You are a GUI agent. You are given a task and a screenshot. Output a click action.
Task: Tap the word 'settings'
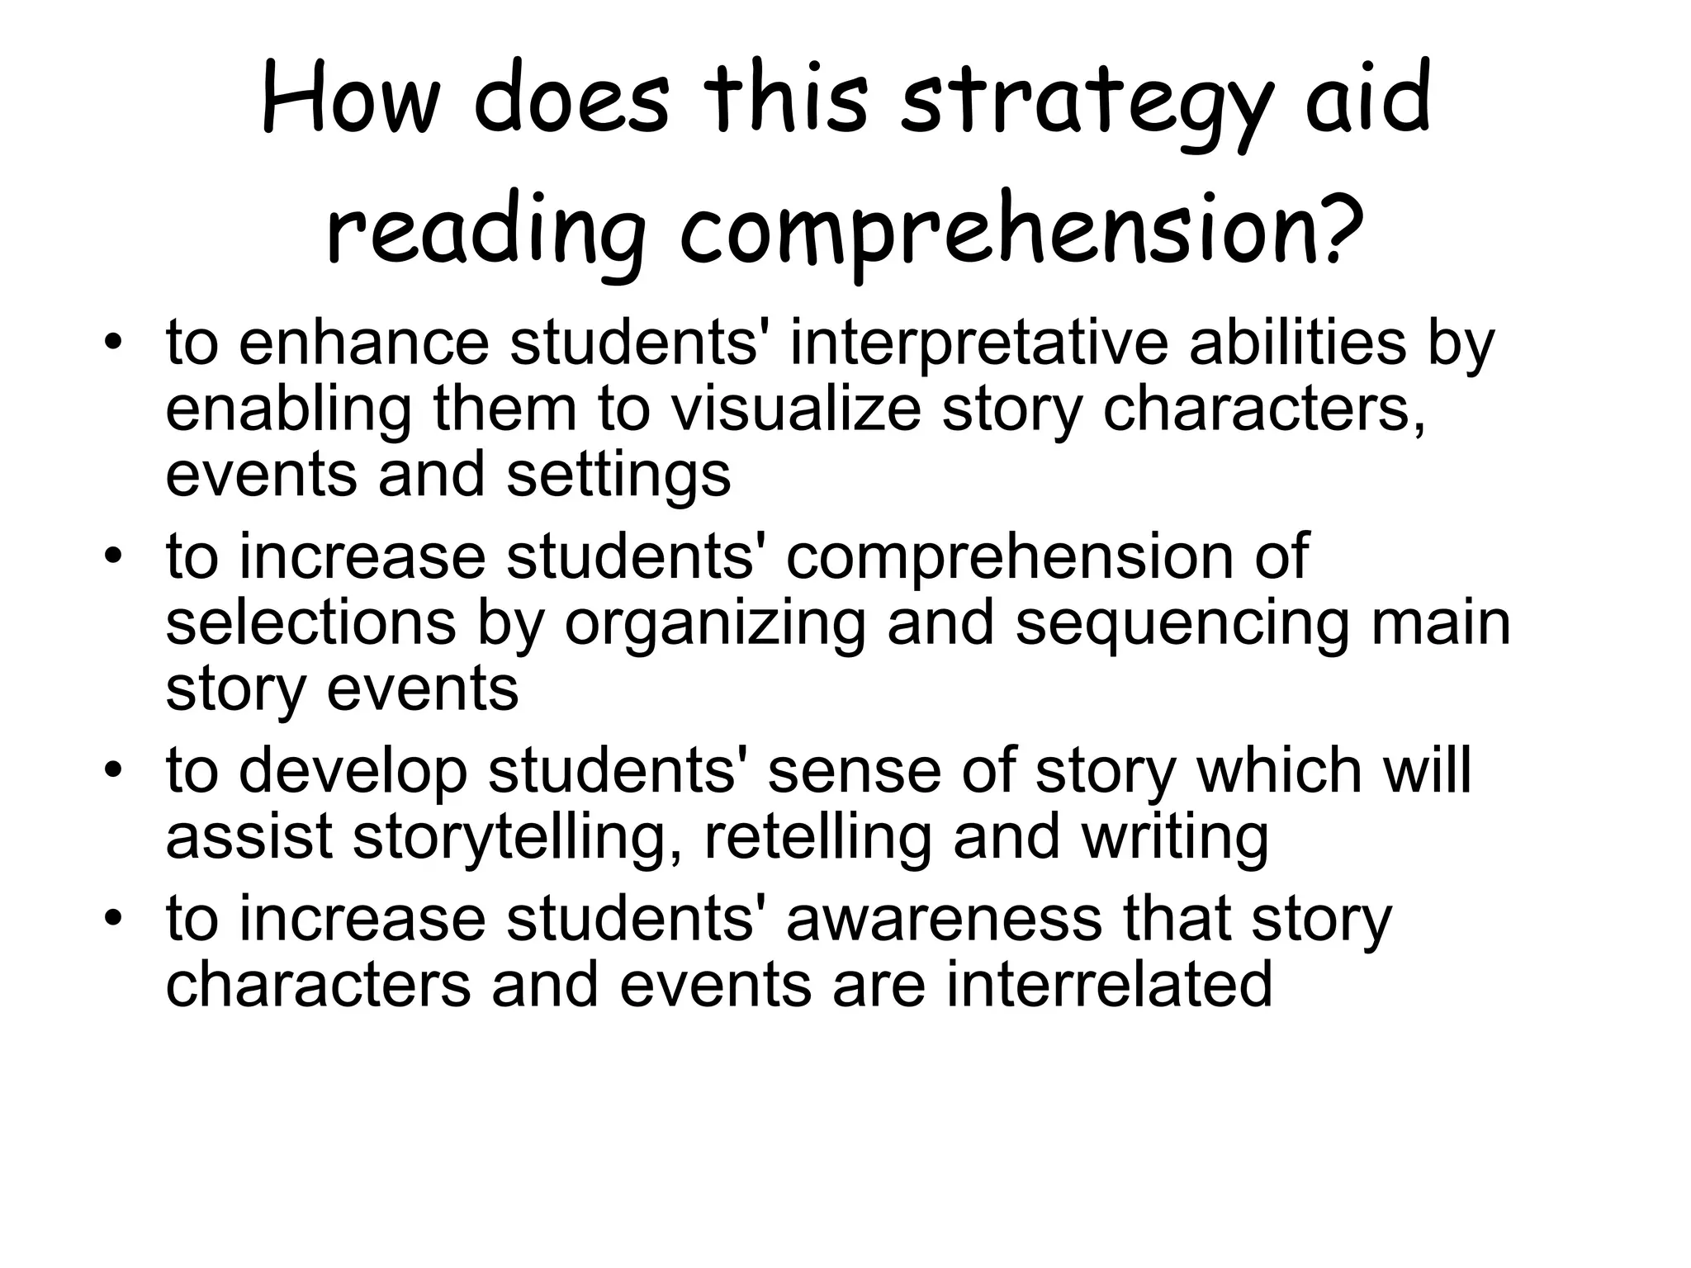[x=618, y=476]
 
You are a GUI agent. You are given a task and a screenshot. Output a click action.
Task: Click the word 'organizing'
[x=715, y=623]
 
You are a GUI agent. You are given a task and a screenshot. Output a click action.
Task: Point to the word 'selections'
[x=310, y=623]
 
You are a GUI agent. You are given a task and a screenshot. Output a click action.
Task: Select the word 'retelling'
[x=817, y=836]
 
